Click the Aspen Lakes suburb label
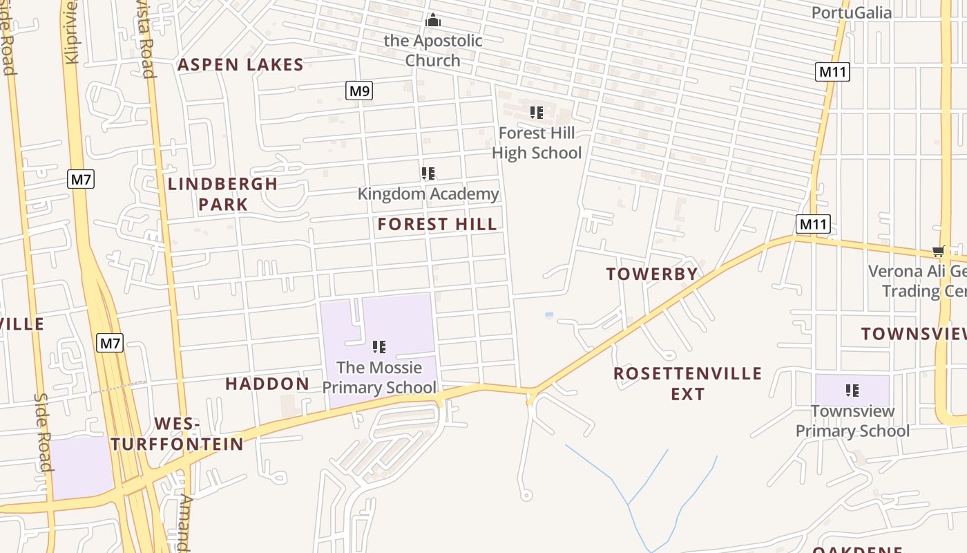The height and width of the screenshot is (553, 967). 240,65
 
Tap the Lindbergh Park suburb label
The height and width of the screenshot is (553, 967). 222,194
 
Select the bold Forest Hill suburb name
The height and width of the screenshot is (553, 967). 437,224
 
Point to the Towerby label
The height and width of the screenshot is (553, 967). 652,274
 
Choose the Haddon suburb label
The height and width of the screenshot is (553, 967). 267,384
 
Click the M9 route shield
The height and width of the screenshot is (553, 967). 359,91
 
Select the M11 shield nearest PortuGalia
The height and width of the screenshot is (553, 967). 832,72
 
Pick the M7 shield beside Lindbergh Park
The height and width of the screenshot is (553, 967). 81,180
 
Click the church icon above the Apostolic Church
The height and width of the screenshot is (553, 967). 433,20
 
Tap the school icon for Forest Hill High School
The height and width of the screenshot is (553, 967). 537,112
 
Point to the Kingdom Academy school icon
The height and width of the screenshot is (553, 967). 428,174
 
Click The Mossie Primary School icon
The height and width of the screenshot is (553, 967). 379,346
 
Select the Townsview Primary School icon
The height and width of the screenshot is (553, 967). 852,391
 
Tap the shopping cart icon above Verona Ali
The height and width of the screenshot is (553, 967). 938,251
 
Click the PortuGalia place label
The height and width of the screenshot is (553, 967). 851,12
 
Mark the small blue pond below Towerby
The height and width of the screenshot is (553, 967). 549,315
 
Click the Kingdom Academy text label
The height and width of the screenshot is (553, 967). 428,194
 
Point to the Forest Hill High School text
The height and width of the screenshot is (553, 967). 537,143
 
